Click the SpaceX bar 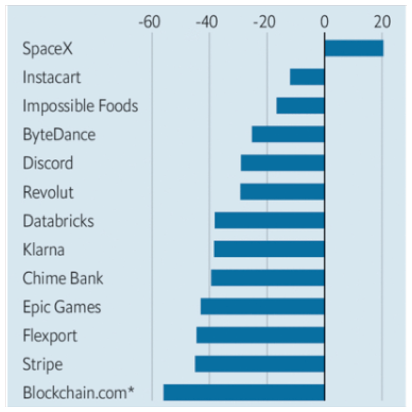tap(354, 48)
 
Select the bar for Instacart tap(307, 77)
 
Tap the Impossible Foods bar tap(301, 106)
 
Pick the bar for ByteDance tap(288, 135)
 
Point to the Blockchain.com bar tap(244, 392)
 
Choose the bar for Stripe tap(260, 364)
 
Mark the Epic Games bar tap(262, 306)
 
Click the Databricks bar tap(270, 221)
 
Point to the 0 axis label tap(324, 22)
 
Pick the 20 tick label tap(382, 22)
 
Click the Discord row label tap(48, 163)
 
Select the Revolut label tap(48, 192)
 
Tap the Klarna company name tap(44, 250)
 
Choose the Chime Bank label tap(63, 278)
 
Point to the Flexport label tap(50, 336)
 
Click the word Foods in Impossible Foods tap(118, 106)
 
